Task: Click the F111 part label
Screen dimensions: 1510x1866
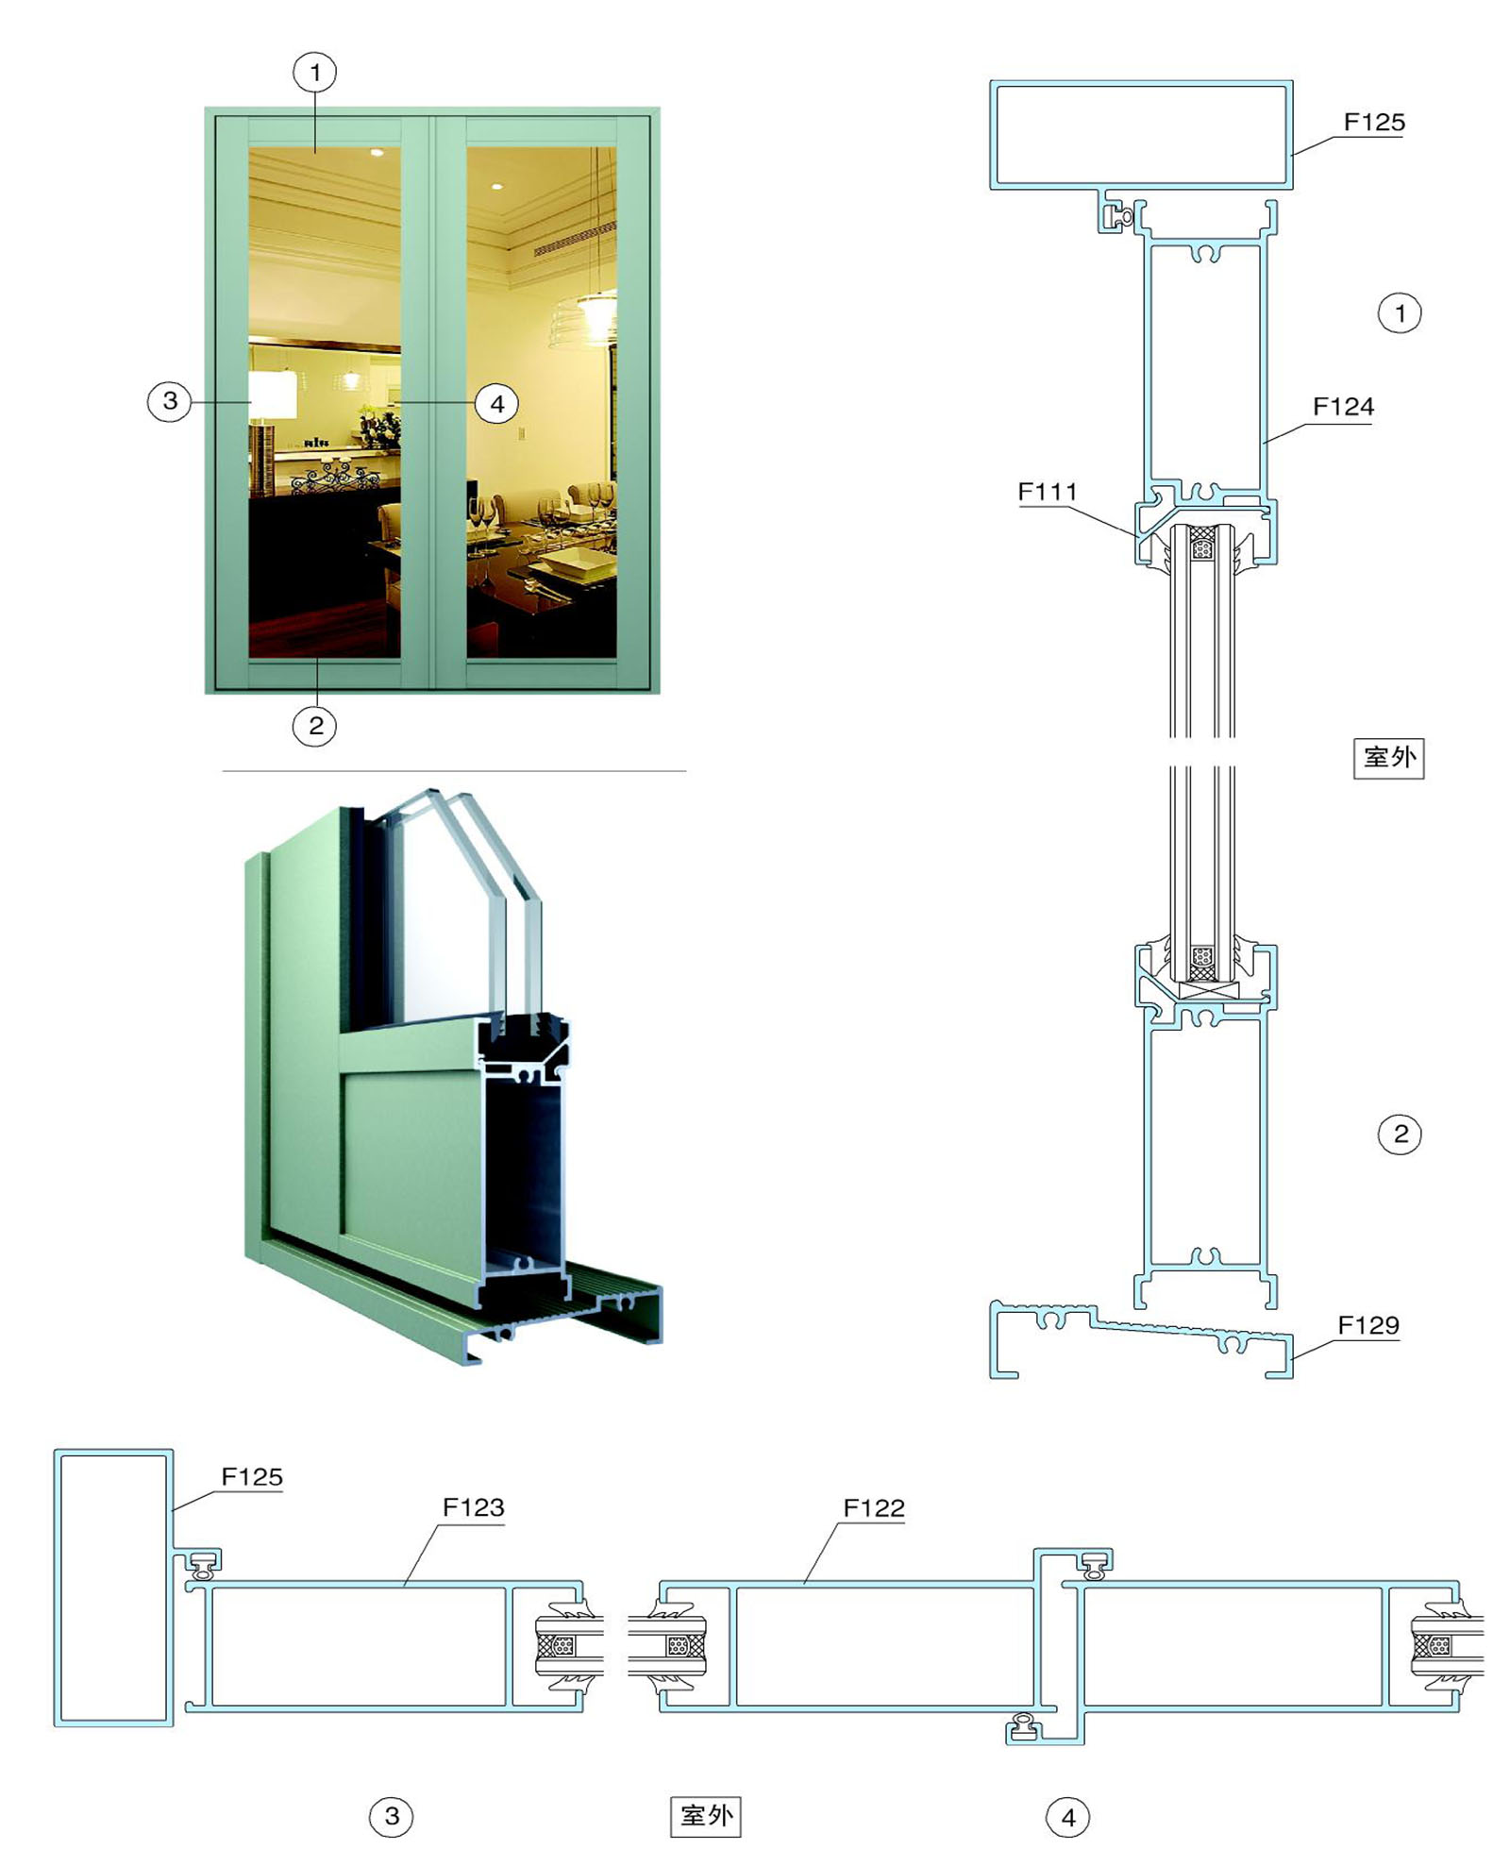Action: [x=1047, y=492]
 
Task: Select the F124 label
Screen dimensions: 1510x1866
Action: [x=1343, y=407]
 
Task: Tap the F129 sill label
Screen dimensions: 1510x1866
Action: [x=1368, y=1325]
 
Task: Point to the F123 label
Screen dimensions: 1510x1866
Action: [x=473, y=1507]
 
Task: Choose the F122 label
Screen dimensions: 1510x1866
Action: [x=874, y=1508]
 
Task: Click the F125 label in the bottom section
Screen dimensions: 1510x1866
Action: [x=252, y=1477]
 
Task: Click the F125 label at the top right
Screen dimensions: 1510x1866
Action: [x=1374, y=122]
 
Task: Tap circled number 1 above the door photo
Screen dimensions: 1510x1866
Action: [x=315, y=72]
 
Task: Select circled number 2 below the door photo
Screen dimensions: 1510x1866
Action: [x=315, y=725]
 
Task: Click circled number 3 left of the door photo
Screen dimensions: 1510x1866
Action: [x=170, y=400]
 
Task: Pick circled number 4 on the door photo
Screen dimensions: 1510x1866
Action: [x=496, y=405]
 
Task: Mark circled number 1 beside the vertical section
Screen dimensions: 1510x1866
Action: [x=1400, y=312]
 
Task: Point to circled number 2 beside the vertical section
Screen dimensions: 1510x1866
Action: [x=1400, y=1134]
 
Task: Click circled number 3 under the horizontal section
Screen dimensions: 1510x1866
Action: [x=392, y=1816]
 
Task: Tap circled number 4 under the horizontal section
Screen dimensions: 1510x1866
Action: [x=1068, y=1817]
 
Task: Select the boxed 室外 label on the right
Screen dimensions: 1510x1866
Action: [x=1389, y=757]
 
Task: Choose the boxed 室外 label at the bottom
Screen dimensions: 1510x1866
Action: [x=706, y=1815]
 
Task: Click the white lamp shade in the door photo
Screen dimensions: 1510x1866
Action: [x=273, y=395]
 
